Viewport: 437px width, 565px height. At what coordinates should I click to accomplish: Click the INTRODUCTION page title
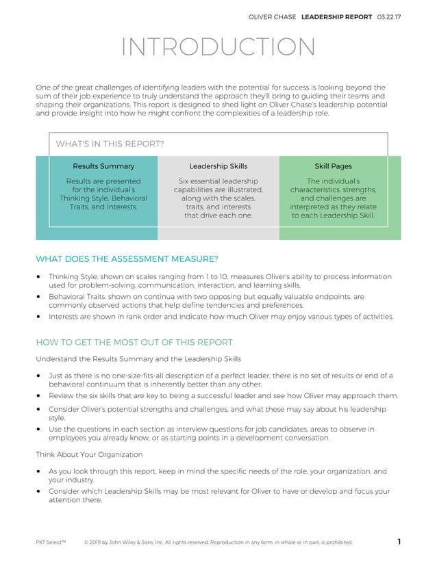point(218,47)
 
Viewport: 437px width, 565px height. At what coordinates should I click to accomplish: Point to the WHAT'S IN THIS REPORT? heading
point(110,144)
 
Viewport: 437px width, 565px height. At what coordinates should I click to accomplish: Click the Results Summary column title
point(103,166)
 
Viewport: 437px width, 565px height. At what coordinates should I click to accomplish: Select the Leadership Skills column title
point(218,166)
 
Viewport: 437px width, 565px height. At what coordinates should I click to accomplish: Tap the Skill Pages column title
point(333,166)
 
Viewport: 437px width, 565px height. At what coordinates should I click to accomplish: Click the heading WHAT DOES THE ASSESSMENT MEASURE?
point(127,259)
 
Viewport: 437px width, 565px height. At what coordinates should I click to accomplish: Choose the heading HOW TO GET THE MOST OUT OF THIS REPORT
point(134,342)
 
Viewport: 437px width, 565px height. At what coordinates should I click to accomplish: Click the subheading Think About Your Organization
point(89,454)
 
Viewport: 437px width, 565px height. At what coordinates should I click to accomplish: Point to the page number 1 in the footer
point(399,542)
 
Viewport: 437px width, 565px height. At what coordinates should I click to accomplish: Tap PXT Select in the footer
point(50,543)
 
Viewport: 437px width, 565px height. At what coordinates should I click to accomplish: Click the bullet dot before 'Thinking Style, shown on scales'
point(38,277)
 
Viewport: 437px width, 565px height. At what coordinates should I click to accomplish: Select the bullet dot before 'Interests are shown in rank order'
point(38,317)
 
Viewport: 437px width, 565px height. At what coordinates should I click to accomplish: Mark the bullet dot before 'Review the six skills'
point(38,396)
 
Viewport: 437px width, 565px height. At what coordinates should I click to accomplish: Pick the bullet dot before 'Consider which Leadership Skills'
point(38,491)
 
